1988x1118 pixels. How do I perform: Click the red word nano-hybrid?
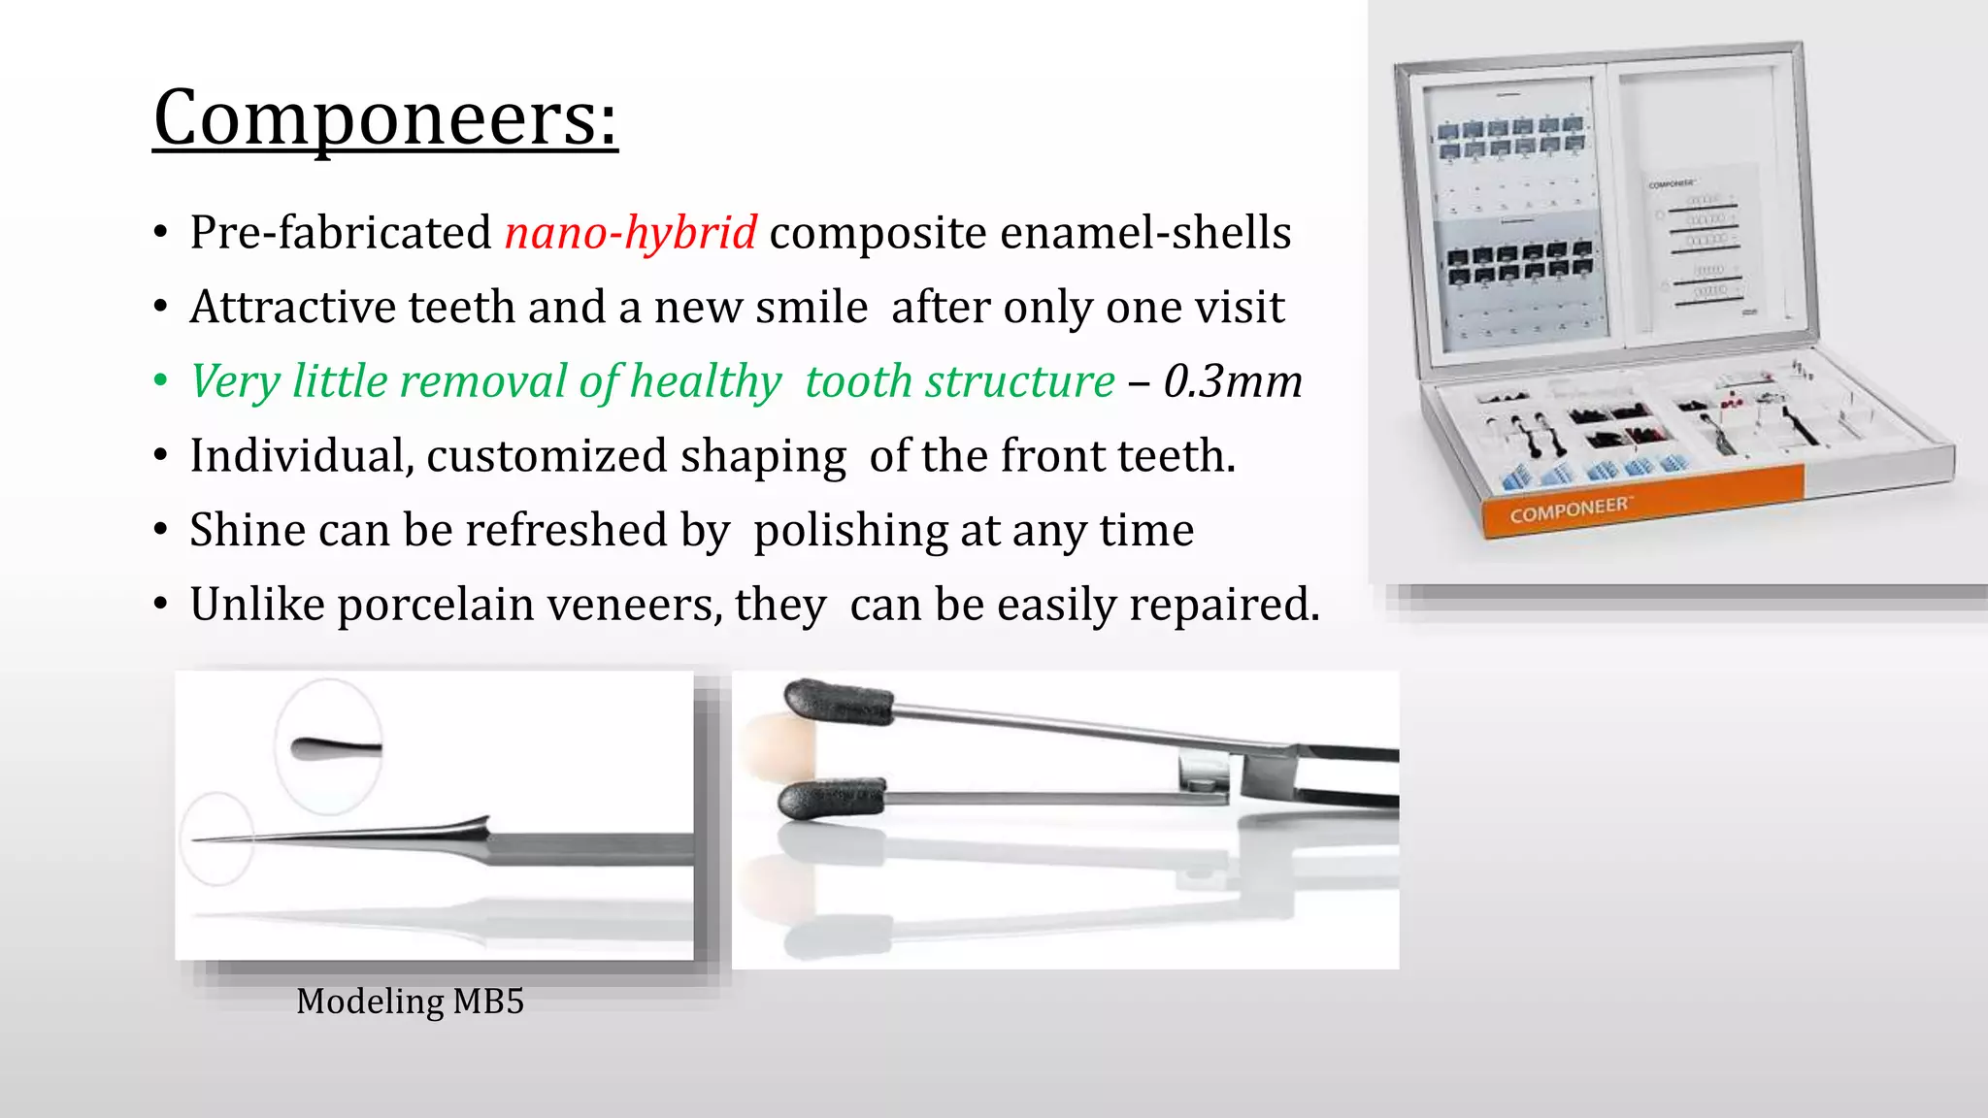point(630,233)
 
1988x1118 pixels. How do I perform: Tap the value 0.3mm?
point(1233,381)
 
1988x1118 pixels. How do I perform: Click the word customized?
point(539,456)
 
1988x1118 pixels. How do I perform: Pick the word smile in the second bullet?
point(811,308)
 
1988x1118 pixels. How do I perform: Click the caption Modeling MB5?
point(410,1002)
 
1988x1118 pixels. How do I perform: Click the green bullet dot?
point(160,380)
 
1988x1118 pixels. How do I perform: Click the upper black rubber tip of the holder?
point(836,701)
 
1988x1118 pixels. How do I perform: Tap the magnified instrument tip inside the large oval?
point(334,748)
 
